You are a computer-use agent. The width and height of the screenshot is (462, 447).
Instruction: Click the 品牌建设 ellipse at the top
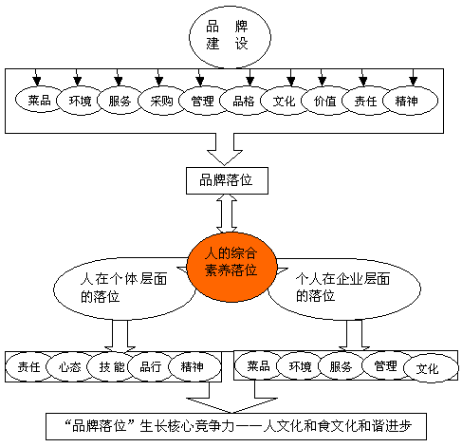click(230, 37)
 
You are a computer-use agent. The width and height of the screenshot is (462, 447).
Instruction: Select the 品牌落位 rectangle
click(227, 180)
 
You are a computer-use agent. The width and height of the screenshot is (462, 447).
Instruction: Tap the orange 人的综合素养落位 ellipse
click(231, 267)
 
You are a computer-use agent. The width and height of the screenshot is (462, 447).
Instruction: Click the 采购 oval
click(161, 101)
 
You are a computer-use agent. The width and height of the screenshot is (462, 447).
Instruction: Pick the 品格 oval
click(244, 101)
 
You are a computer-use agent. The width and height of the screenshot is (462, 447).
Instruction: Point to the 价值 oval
click(325, 101)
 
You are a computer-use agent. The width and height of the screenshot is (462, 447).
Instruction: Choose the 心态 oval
click(70, 367)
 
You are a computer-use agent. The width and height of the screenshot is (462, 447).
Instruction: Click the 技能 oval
click(111, 367)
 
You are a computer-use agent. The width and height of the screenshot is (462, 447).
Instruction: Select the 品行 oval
click(151, 367)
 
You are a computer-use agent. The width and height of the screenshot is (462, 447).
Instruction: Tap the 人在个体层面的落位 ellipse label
click(123, 288)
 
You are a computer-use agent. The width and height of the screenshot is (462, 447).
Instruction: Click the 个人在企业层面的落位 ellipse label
click(342, 288)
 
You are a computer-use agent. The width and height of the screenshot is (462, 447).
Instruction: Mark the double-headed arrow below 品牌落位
click(227, 214)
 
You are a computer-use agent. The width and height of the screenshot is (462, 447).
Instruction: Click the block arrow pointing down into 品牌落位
click(225, 149)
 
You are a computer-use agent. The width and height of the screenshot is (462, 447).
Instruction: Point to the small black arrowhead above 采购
click(159, 81)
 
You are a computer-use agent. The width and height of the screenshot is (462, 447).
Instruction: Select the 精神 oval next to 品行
click(194, 367)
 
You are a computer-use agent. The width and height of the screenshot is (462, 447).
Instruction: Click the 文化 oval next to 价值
click(284, 101)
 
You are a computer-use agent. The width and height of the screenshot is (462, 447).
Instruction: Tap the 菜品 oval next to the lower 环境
click(259, 365)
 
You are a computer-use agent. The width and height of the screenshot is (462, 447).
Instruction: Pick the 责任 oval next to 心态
click(29, 367)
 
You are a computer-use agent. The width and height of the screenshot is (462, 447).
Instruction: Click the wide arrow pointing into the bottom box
click(231, 398)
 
